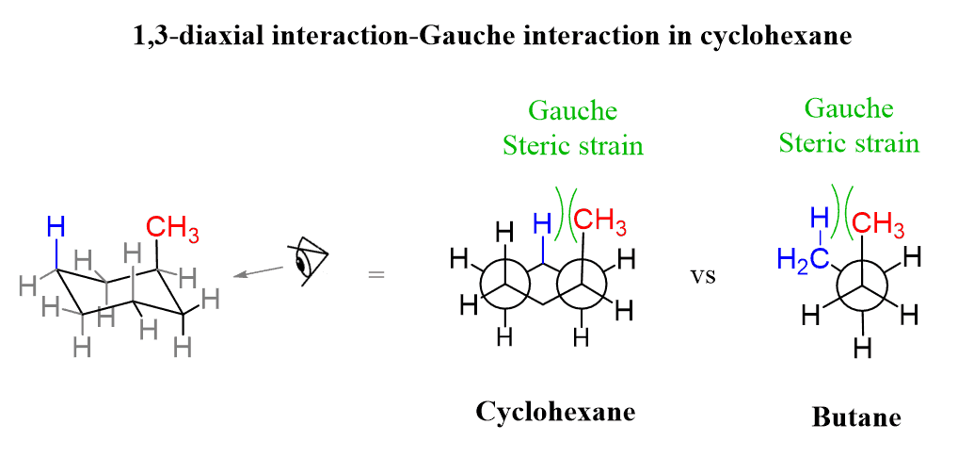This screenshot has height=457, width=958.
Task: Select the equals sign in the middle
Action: [375, 275]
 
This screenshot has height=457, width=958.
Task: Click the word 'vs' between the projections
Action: [703, 277]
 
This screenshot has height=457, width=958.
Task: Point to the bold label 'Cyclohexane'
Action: [555, 412]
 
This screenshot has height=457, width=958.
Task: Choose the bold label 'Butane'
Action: [855, 417]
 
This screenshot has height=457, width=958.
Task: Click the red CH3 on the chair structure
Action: [172, 228]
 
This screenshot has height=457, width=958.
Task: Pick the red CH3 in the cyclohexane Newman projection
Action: [599, 222]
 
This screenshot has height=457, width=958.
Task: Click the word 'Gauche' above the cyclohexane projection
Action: [572, 111]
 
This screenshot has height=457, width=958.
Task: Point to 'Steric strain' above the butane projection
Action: [849, 143]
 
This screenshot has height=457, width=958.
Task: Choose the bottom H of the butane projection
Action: [861, 349]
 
